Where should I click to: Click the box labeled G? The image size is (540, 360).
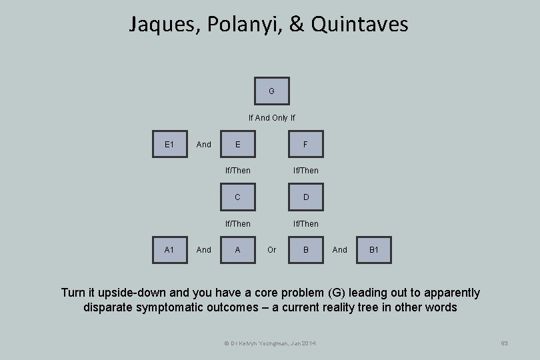point(271,91)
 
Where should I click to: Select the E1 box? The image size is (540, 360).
point(169,144)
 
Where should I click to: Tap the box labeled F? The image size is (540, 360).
point(305,144)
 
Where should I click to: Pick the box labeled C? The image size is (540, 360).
point(238,197)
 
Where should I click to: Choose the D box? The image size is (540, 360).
point(305,197)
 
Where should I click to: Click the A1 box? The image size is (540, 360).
point(169,250)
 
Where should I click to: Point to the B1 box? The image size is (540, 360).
point(373,250)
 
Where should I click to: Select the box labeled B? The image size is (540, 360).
point(305,250)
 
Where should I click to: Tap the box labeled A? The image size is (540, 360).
point(238,250)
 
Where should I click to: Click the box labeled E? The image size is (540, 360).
point(238,144)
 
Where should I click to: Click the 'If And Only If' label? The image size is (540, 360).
point(271,118)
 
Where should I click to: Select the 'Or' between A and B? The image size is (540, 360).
point(271,250)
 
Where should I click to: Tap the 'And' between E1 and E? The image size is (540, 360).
point(204,144)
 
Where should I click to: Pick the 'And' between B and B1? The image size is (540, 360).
point(339,250)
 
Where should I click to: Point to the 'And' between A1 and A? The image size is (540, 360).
point(204,250)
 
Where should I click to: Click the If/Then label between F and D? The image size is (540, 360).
point(305,171)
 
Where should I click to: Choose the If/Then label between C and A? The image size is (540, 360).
point(238,224)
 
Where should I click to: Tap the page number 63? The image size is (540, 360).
point(504,343)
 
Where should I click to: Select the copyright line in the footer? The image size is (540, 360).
point(271,343)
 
